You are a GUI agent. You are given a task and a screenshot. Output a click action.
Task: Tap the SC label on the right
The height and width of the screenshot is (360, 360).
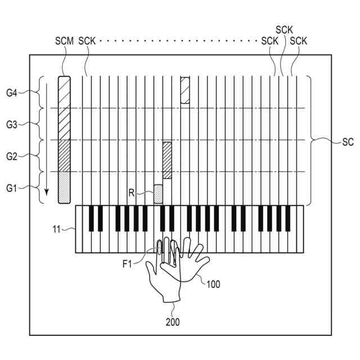(x=347, y=142)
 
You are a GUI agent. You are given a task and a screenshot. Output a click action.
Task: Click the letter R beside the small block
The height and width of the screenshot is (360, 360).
(x=131, y=192)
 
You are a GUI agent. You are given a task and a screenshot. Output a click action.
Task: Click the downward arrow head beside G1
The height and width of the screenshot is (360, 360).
(x=47, y=197)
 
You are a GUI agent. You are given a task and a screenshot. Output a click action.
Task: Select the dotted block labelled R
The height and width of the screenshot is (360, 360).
(x=158, y=193)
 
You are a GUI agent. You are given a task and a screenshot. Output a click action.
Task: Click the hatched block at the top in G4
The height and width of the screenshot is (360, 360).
(x=184, y=90)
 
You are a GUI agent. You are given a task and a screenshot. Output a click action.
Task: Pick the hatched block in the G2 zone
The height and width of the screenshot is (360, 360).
(x=167, y=160)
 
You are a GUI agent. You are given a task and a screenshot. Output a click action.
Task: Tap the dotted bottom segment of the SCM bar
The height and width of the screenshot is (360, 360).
(x=65, y=189)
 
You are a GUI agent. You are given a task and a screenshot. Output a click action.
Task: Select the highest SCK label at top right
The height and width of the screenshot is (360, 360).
(x=284, y=29)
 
